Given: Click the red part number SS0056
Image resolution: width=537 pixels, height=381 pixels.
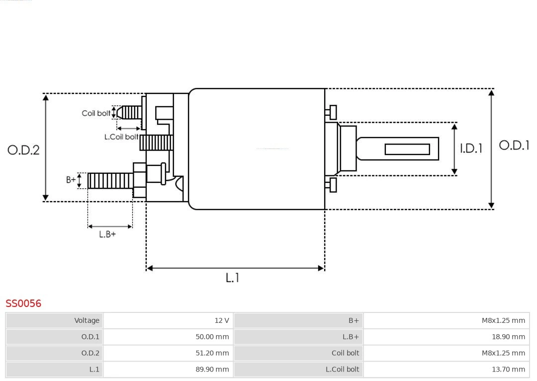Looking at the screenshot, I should coord(23,303).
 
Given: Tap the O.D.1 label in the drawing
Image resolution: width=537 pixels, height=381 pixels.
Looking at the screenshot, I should coord(514,145).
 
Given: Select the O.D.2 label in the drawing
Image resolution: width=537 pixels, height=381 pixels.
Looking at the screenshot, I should coord(23,150).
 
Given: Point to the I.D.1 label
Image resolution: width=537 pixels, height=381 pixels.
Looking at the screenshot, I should coord(471,148).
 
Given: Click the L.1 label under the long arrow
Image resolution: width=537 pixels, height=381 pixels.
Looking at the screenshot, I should coord(232,278).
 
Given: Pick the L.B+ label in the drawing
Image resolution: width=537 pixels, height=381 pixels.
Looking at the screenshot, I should coord(107,234).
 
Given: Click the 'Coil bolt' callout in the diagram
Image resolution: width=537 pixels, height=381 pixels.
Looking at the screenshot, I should coord(96,113).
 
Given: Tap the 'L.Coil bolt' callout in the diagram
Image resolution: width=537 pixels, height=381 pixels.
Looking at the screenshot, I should coord(121,137).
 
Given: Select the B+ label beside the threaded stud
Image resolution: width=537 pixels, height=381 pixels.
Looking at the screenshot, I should coord(71,180).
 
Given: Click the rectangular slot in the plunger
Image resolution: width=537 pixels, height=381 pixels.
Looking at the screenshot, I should coord(407,149).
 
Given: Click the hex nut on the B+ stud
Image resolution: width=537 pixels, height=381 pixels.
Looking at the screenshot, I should coord(139,180).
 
